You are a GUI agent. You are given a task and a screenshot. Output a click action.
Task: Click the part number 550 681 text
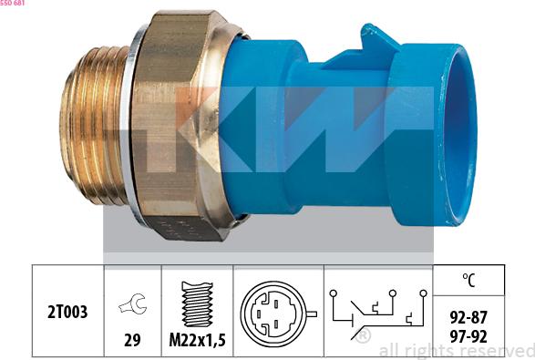[12, 3]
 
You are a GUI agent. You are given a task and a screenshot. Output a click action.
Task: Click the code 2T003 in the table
[67, 312]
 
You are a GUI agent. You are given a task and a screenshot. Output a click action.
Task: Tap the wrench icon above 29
[133, 303]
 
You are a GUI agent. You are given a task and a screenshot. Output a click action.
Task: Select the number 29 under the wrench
[132, 340]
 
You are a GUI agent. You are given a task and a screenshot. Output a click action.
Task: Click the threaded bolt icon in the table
[197, 304]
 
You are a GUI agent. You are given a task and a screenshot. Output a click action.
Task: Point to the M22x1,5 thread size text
[198, 340]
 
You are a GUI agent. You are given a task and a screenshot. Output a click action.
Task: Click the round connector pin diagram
[275, 314]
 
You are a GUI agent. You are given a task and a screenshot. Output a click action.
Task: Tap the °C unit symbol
[468, 280]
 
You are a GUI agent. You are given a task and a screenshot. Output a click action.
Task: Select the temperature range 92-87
[468, 318]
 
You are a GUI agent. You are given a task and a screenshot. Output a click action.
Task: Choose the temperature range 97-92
[468, 337]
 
